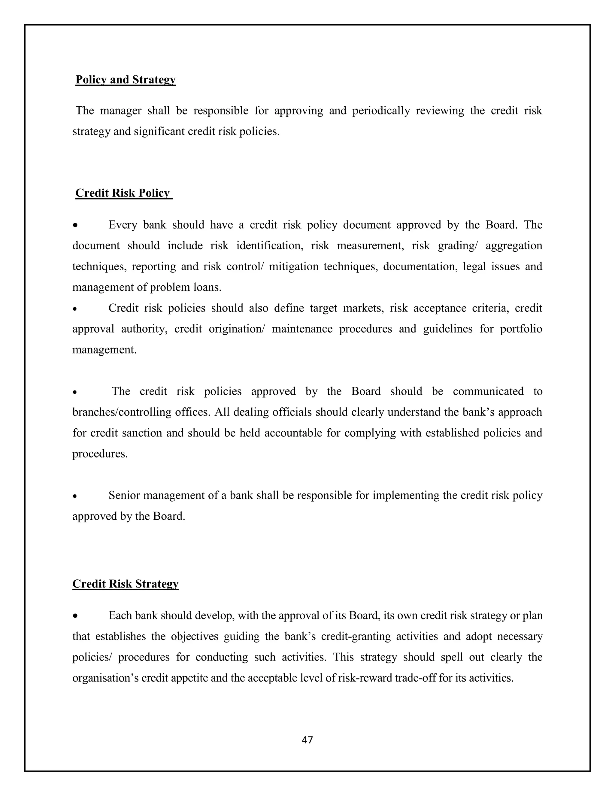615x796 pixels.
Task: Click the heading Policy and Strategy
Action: click(x=125, y=80)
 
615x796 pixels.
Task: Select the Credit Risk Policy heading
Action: click(x=123, y=193)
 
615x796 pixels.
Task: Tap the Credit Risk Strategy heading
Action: click(x=125, y=584)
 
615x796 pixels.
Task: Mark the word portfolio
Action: click(x=521, y=329)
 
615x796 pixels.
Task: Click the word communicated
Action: click(x=488, y=391)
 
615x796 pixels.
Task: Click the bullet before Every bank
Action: click(x=75, y=226)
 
